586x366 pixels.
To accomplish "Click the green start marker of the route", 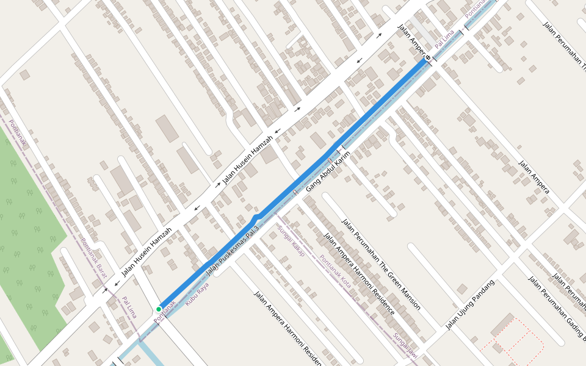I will coord(159,309).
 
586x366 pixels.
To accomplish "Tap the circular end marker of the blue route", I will coord(427,59).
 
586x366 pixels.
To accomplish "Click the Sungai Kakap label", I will coord(291,241).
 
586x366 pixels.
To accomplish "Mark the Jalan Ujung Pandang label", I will coord(469,304).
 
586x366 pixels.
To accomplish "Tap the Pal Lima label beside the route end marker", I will coord(444,40).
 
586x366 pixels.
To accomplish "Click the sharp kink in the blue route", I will coord(256,217).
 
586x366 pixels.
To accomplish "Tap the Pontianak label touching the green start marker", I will coord(165,311).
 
